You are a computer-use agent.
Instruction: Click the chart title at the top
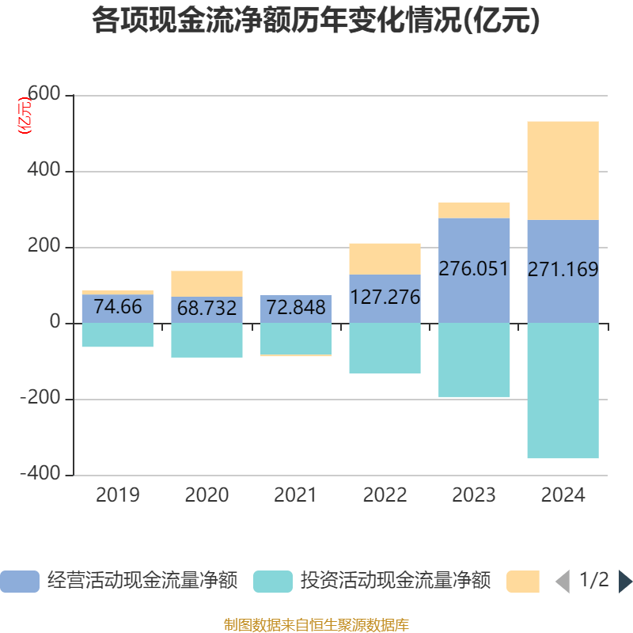coord(316,21)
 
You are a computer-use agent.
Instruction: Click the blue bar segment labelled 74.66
coord(117,309)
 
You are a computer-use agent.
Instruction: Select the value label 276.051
coord(474,269)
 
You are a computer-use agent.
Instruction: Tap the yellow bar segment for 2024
coord(563,170)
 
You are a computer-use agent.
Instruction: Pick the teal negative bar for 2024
coord(563,391)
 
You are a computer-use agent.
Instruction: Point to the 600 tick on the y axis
coord(44,95)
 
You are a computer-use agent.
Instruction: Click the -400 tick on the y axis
coord(41,474)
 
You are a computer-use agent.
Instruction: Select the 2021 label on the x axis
coord(295,496)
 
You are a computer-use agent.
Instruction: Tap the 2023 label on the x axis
coord(474,496)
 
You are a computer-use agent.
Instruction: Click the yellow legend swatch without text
coord(522,582)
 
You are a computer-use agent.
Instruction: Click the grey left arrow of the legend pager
coord(563,582)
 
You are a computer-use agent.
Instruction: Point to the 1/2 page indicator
coord(594,580)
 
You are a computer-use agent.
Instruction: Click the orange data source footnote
coord(316,625)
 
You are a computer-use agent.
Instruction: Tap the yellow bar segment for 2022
coord(385,259)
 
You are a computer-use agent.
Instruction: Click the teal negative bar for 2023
coord(474,360)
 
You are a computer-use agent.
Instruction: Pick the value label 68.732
coord(207,309)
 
